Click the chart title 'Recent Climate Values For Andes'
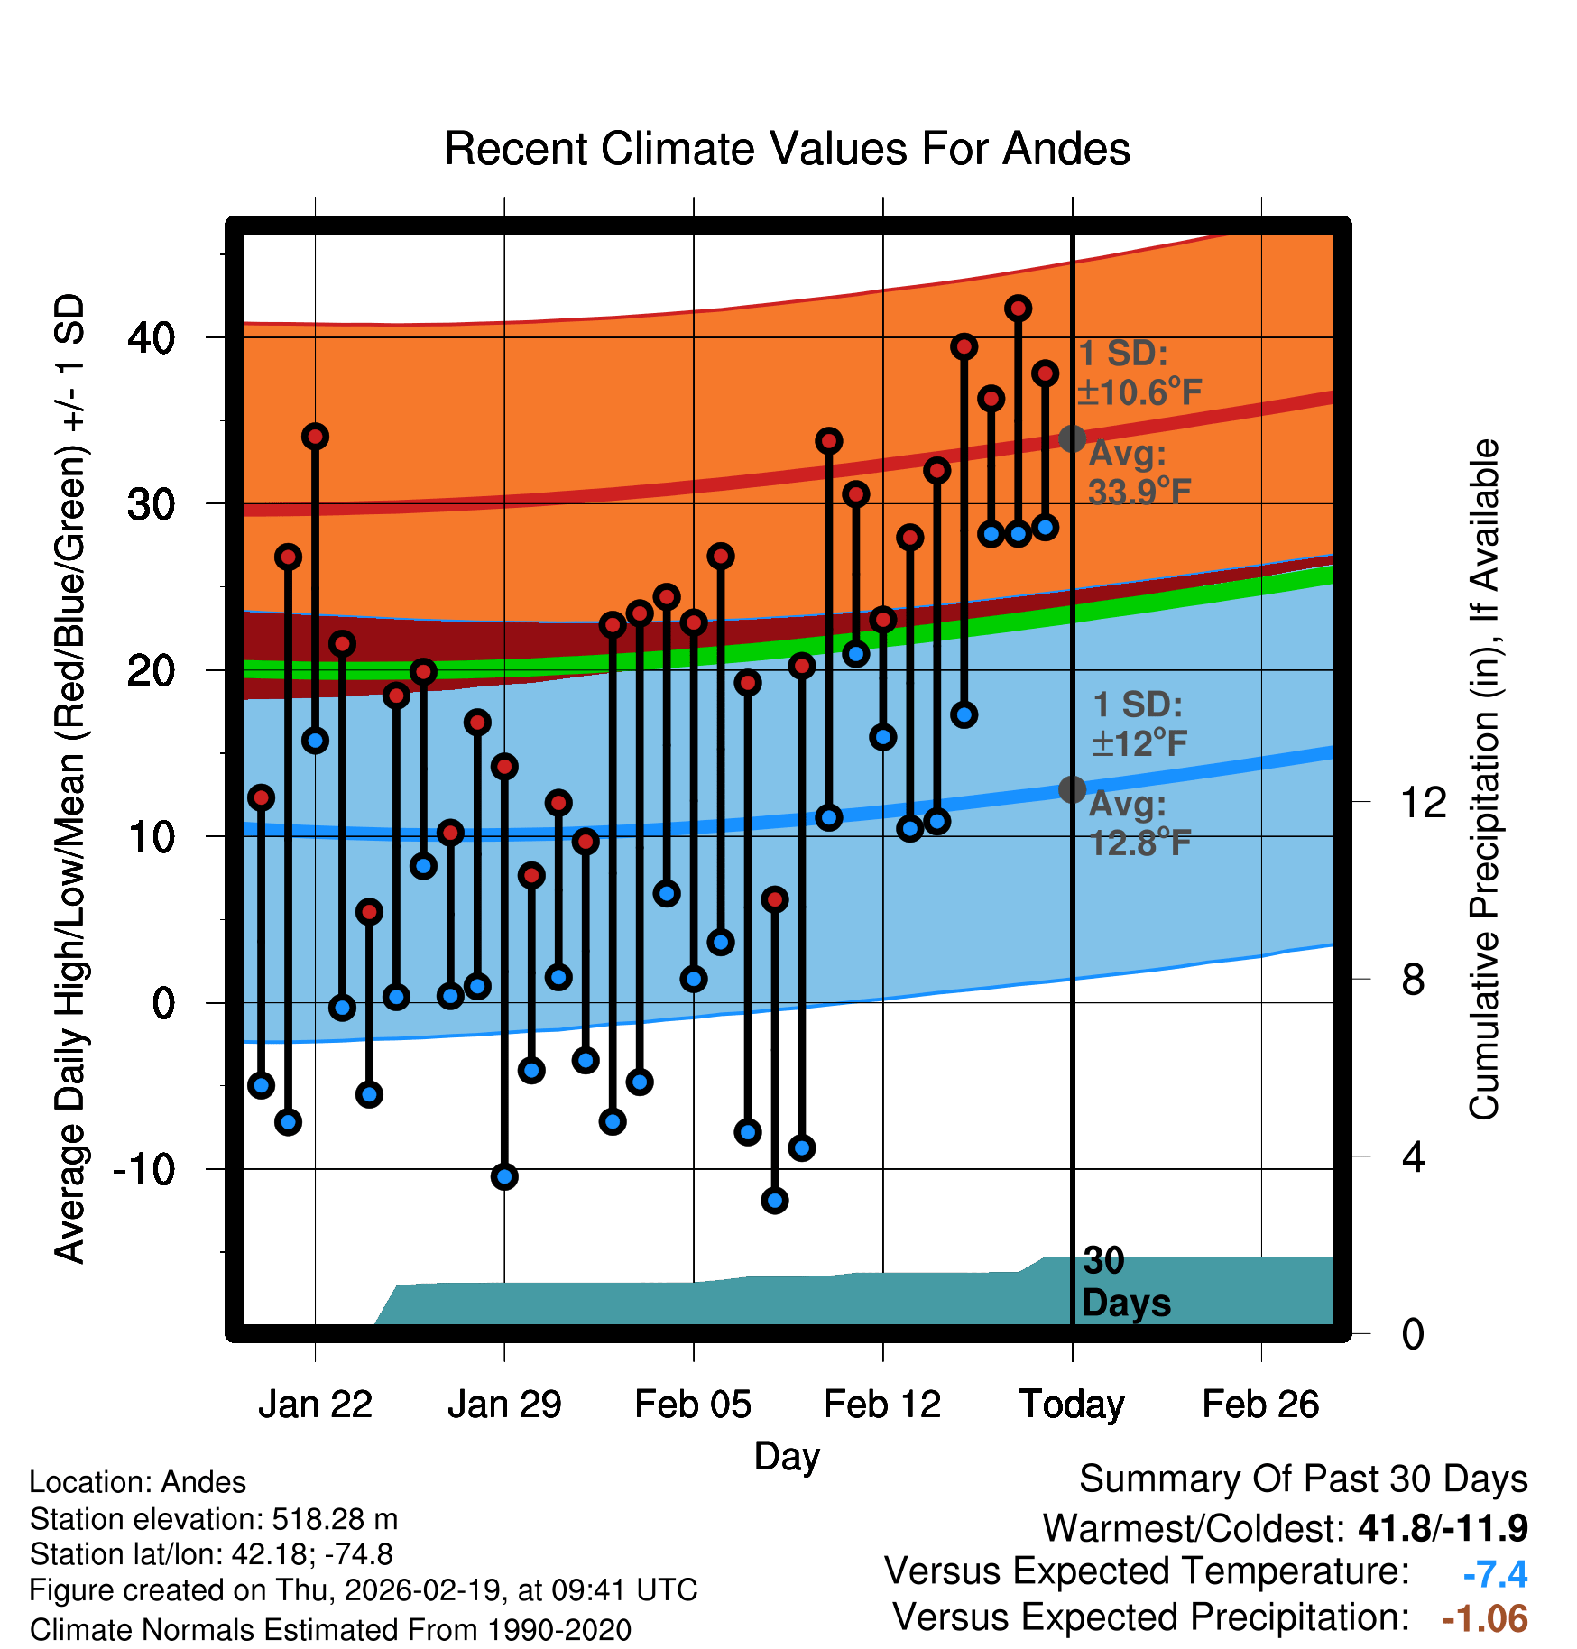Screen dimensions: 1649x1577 787,149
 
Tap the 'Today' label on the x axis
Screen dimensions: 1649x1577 1072,1405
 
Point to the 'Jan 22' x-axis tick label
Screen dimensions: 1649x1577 315,1405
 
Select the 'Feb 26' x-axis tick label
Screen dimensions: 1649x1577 1260,1405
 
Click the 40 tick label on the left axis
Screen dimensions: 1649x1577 151,338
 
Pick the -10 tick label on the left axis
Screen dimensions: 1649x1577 143,1170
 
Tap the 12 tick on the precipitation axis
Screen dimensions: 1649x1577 1423,802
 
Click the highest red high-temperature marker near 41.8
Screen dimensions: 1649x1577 1018,309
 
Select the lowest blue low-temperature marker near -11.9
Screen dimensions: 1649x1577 774,1201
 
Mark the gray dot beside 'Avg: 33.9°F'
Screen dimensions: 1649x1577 1072,439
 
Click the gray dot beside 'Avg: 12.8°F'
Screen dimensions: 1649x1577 1072,789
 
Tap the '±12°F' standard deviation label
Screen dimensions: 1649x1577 1139,743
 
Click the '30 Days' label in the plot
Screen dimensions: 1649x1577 1125,1282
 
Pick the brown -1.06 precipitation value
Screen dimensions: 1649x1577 1485,1619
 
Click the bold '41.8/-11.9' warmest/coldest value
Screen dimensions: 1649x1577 1443,1528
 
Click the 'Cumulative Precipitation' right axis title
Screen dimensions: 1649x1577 1483,779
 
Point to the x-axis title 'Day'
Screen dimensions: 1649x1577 787,1456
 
